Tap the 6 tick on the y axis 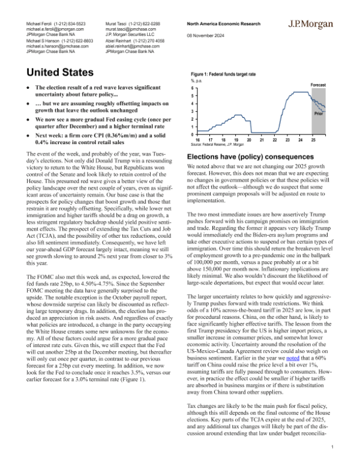[193, 88]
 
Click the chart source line [217, 145]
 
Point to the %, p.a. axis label [198, 82]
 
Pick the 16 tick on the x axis [199, 139]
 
